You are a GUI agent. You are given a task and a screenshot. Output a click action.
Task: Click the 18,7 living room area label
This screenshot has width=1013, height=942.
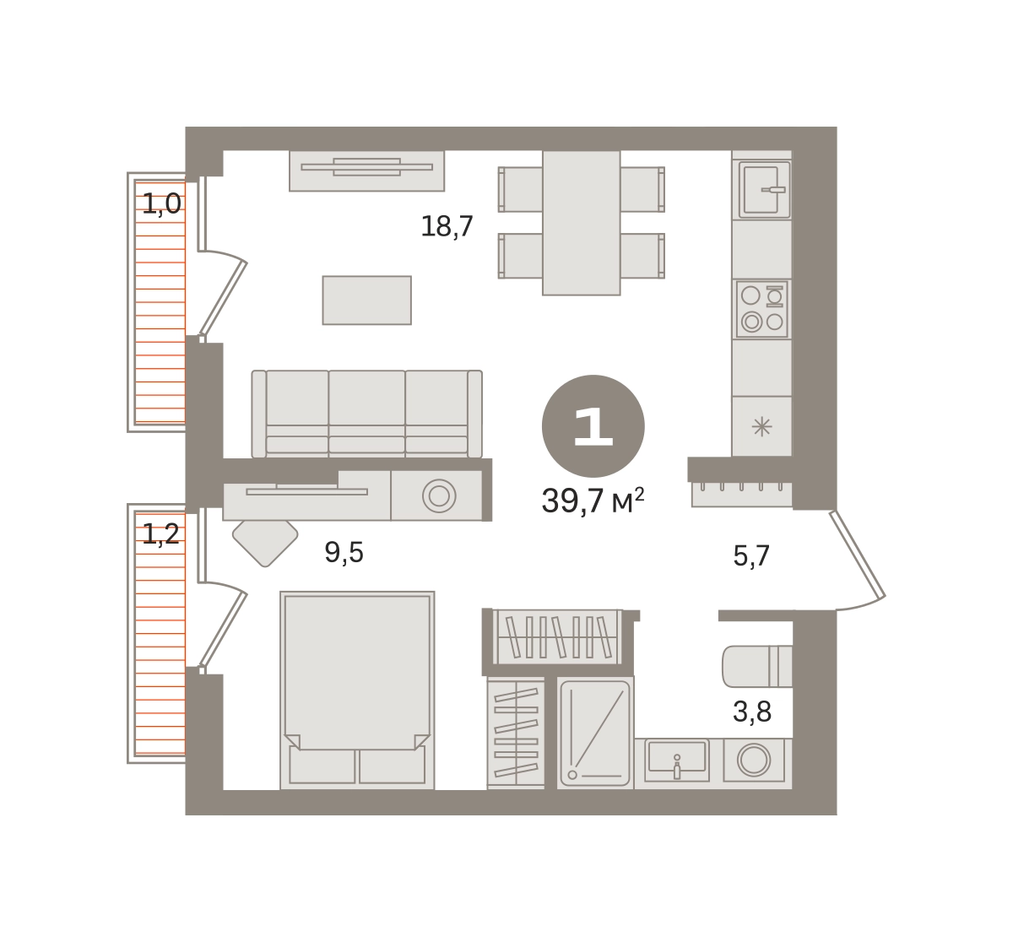447,226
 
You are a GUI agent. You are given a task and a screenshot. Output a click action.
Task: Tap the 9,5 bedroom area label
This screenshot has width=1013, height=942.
344,552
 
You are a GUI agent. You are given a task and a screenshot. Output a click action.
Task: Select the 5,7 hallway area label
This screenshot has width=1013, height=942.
751,555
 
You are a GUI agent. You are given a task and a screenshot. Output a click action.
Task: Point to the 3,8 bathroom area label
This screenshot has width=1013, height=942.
752,712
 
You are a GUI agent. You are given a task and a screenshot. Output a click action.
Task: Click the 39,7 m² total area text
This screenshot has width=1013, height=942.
593,501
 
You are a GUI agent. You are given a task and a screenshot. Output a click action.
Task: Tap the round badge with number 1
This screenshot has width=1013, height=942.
593,426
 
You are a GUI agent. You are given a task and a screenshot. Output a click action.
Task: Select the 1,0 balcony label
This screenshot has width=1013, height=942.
161,204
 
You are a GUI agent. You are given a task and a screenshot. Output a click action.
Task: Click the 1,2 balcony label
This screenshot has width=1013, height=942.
160,534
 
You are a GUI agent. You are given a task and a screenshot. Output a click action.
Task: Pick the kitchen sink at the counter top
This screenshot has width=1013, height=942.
764,190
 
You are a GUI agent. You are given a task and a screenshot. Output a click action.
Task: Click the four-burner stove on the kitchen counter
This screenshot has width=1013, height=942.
762,309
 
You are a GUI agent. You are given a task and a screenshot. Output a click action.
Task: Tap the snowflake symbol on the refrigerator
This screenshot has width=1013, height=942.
761,426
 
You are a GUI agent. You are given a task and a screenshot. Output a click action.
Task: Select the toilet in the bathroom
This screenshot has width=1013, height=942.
757,667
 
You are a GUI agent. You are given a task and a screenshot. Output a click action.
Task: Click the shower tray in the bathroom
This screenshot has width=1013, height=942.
595,733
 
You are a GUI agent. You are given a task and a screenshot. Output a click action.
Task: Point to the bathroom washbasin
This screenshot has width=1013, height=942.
677,760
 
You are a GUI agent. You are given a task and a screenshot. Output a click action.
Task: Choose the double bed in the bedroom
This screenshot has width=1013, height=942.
357,690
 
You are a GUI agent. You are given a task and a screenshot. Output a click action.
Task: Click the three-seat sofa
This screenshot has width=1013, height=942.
366,414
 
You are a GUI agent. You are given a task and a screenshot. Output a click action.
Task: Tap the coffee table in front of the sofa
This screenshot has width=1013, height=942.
366,300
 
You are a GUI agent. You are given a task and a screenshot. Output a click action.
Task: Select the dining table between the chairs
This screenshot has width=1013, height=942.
582,222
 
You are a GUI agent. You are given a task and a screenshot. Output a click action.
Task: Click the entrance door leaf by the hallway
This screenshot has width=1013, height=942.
858,554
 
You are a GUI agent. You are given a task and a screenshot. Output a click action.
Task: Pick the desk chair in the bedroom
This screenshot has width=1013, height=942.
265,543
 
